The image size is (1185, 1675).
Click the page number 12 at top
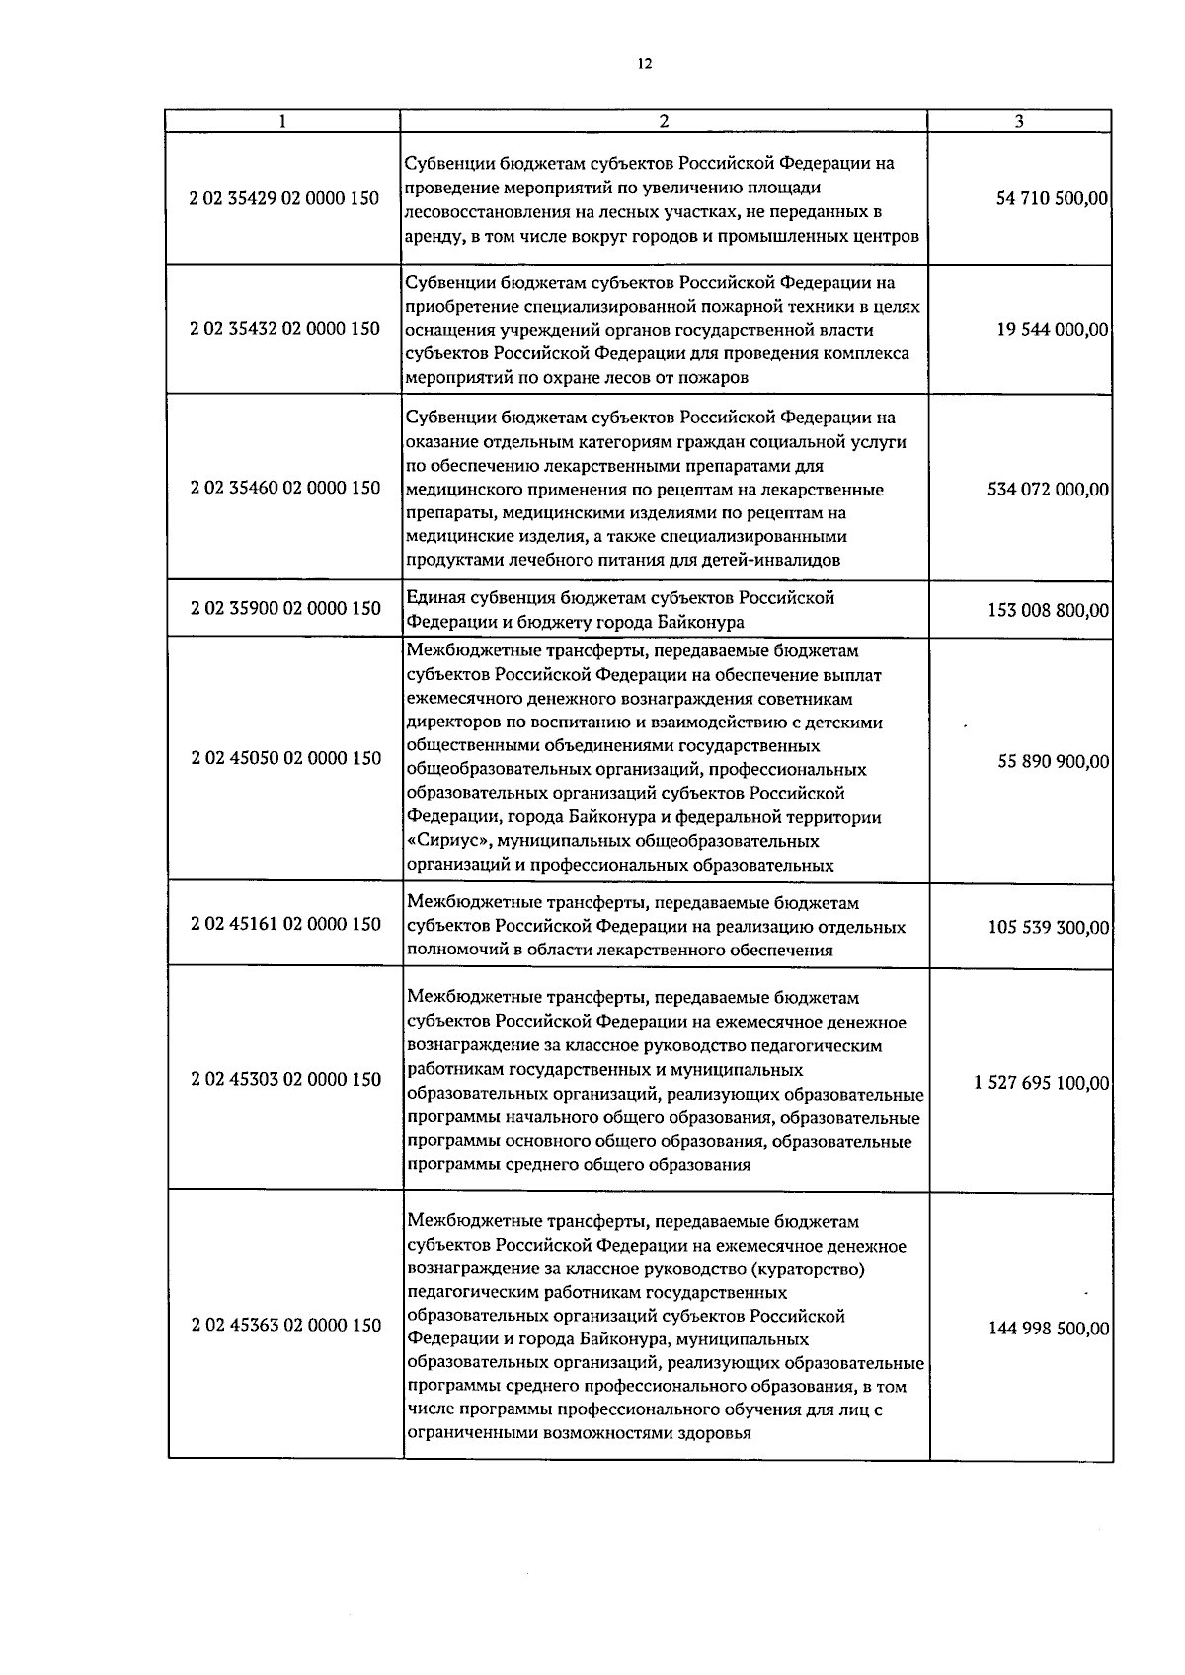click(x=644, y=64)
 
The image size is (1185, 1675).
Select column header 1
click(x=283, y=121)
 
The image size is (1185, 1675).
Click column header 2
click(x=664, y=121)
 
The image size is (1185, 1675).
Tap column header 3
click(x=1019, y=121)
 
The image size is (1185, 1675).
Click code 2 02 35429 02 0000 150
click(x=284, y=198)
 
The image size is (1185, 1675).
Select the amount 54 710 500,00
click(x=1053, y=199)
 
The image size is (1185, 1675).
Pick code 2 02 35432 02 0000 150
click(x=284, y=328)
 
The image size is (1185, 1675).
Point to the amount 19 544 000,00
click(x=1053, y=330)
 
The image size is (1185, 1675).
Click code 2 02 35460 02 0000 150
click(x=284, y=487)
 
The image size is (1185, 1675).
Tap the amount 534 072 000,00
click(x=1048, y=489)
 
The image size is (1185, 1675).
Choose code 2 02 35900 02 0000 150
click(x=284, y=608)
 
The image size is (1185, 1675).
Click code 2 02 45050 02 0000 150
click(x=284, y=758)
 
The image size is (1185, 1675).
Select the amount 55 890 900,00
click(x=1053, y=762)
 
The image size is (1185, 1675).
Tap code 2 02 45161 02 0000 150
click(x=284, y=924)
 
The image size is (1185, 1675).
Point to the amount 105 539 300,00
click(x=1048, y=928)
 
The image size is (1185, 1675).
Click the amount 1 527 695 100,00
click(x=1041, y=1083)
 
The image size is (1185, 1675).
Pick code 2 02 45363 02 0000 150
click(x=284, y=1325)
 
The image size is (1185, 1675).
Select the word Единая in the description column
click(x=434, y=597)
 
